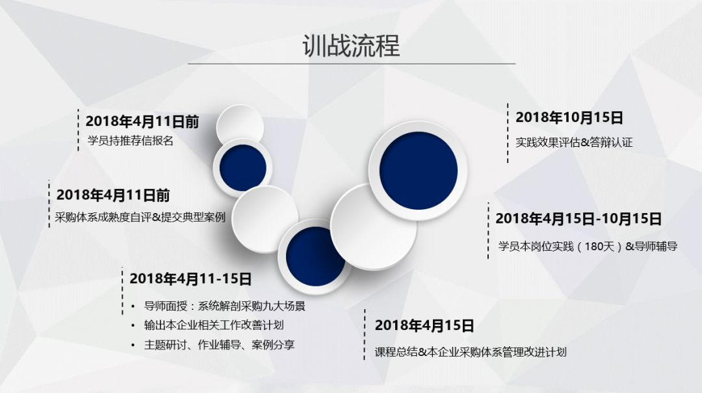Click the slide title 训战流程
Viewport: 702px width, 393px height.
[x=351, y=45]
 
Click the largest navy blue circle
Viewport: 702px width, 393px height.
[x=419, y=171]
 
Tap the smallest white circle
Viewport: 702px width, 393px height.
[x=240, y=126]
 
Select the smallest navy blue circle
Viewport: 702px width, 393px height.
[x=242, y=168]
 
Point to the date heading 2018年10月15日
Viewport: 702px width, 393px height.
[x=569, y=118]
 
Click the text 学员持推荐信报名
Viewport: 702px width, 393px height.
[x=130, y=141]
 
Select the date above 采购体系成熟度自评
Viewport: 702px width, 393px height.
[x=113, y=195]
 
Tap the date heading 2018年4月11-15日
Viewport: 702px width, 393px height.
[x=190, y=279]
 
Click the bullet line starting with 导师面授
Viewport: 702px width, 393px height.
[x=224, y=306]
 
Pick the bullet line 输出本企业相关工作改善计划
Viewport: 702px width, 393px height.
[x=214, y=325]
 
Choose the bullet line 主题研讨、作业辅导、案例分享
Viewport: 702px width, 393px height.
[x=219, y=345]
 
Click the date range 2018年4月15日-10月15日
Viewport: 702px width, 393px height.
[x=578, y=219]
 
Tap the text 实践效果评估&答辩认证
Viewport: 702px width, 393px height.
[x=574, y=142]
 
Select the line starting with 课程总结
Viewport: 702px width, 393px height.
[x=471, y=352]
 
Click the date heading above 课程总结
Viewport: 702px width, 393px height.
[x=424, y=325]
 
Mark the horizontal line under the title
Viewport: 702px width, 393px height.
[x=352, y=64]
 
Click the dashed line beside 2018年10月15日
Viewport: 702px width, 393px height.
[x=508, y=133]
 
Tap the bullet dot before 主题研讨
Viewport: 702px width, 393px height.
[x=133, y=345]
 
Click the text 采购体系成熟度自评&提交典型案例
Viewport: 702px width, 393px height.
[x=140, y=218]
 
